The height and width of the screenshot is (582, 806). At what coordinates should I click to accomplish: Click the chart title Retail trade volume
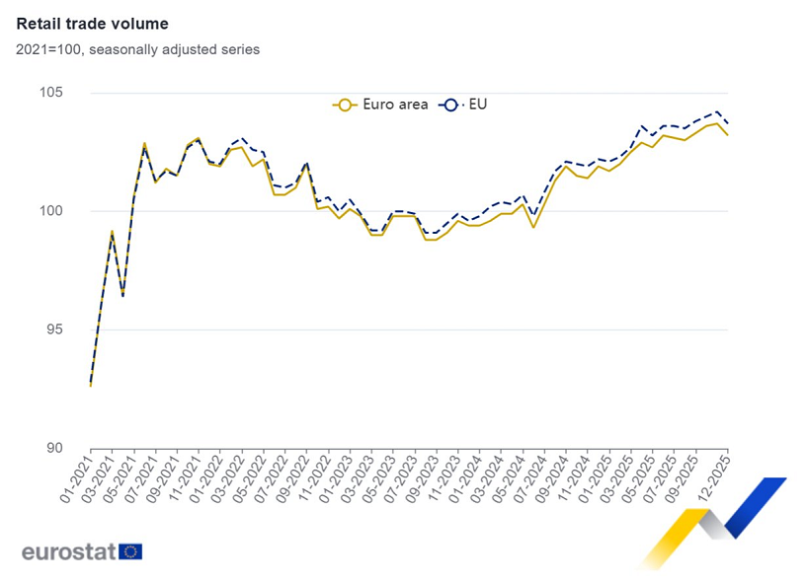coord(92,24)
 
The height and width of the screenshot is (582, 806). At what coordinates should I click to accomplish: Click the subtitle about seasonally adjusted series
coord(137,49)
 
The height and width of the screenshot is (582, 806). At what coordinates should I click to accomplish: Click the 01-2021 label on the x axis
coord(75,475)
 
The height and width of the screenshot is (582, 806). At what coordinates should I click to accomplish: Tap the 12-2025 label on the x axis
coord(712,475)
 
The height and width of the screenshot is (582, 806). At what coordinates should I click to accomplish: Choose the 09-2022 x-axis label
coord(290,475)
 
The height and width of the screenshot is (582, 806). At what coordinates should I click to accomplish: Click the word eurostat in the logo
coord(68,551)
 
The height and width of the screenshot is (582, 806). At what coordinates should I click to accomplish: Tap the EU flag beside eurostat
coord(130,551)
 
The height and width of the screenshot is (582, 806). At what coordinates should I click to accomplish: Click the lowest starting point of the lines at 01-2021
coord(91,384)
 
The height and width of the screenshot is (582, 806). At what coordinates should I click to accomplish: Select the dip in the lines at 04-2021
coord(122,295)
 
